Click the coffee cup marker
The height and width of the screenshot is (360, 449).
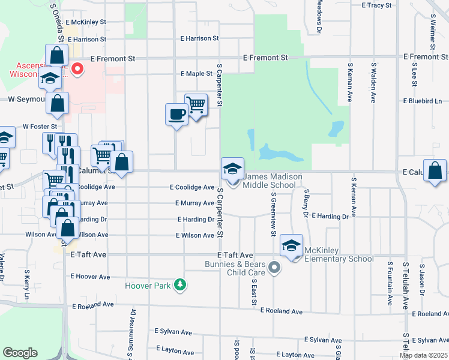pos(176,113)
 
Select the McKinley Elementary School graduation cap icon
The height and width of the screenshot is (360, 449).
pos(292,246)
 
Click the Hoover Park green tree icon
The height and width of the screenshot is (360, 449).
pos(179,284)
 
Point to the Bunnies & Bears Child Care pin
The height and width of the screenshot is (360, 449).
pos(275,268)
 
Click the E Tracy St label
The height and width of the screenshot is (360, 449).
pos(376,5)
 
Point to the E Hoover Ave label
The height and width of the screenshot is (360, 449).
pos(90,277)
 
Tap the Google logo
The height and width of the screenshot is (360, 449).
pos(20,353)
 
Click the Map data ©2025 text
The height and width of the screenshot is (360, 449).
pos(423,356)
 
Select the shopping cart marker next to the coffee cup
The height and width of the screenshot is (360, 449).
pos(196,105)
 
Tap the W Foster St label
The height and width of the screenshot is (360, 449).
pos(40,127)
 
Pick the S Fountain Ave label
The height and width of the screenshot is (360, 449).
pos(390,276)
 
